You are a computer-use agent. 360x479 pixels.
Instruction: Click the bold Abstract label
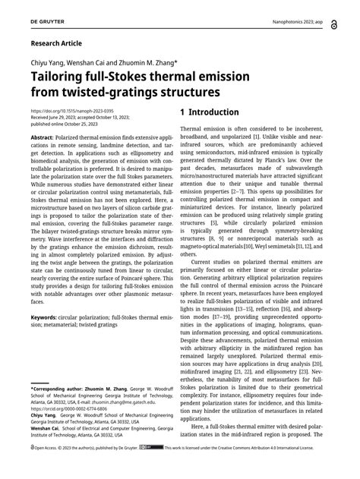(x=42, y=137)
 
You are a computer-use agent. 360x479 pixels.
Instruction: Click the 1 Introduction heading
(x=209, y=113)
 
